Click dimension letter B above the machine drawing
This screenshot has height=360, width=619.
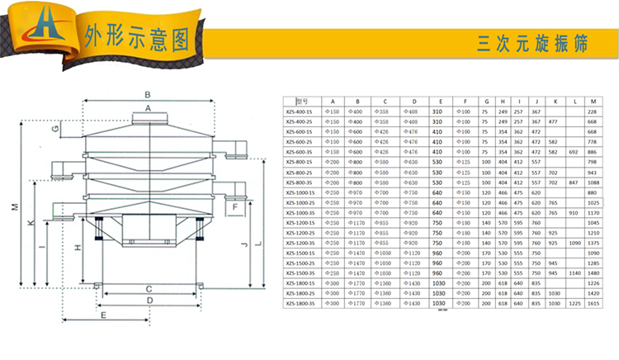pos(147,93)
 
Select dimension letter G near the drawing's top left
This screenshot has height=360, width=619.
pos(54,130)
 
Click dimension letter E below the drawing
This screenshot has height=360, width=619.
pos(102,316)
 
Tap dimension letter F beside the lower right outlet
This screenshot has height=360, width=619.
pos(236,208)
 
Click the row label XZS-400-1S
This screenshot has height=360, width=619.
pos(300,111)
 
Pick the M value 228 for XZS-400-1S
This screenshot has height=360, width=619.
pos(590,111)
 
